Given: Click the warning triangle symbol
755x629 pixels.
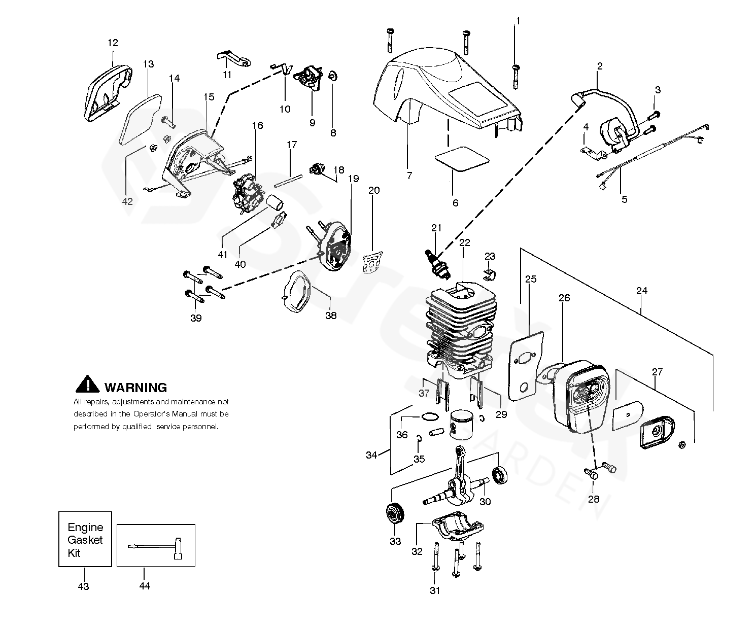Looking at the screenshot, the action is click(x=87, y=385).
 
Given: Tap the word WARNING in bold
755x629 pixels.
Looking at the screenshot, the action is click(x=135, y=388).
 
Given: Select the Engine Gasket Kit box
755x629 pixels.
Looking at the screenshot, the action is click(x=85, y=539).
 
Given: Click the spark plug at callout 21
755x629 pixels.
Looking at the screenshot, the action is click(x=437, y=264).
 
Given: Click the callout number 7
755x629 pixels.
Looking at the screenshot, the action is click(x=409, y=176).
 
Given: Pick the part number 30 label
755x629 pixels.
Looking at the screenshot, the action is click(x=485, y=502).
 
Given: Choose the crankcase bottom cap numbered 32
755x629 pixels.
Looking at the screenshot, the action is click(x=458, y=527).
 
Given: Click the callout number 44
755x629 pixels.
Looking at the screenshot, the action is click(x=145, y=586).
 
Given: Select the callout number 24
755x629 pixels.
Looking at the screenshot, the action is click(x=641, y=291).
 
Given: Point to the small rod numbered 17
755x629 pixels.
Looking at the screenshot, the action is click(x=288, y=181).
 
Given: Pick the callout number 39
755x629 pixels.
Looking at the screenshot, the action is click(x=196, y=318).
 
